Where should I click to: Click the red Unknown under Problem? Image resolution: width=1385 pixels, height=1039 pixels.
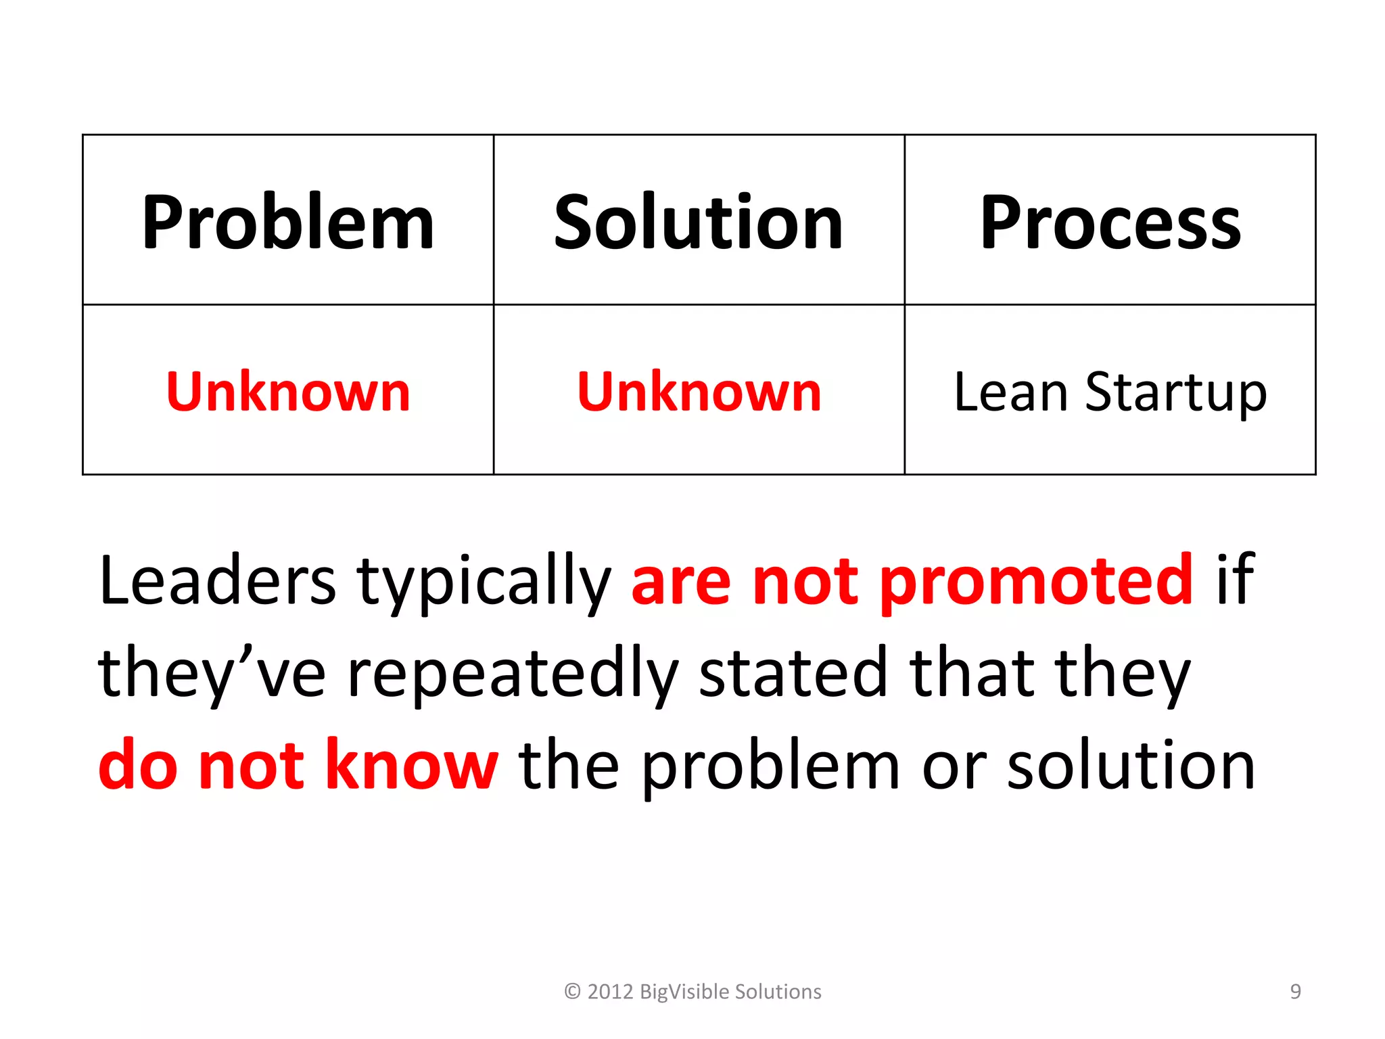click(288, 392)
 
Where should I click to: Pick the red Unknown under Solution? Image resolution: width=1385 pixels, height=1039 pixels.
click(699, 392)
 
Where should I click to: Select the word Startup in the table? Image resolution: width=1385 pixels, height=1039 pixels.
click(1176, 393)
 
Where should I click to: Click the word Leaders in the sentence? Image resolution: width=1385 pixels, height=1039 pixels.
click(217, 580)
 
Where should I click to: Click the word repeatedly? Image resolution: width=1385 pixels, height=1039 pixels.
click(513, 674)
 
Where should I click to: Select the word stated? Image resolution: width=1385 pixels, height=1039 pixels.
click(793, 672)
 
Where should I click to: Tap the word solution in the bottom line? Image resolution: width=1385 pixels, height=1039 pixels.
click(1131, 765)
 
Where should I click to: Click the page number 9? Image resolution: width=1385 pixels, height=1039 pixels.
click(1295, 992)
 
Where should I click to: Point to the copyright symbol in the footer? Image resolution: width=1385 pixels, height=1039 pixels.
click(572, 992)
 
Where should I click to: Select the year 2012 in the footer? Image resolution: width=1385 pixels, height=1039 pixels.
click(610, 992)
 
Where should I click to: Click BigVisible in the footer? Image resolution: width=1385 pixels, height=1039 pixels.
click(684, 992)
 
